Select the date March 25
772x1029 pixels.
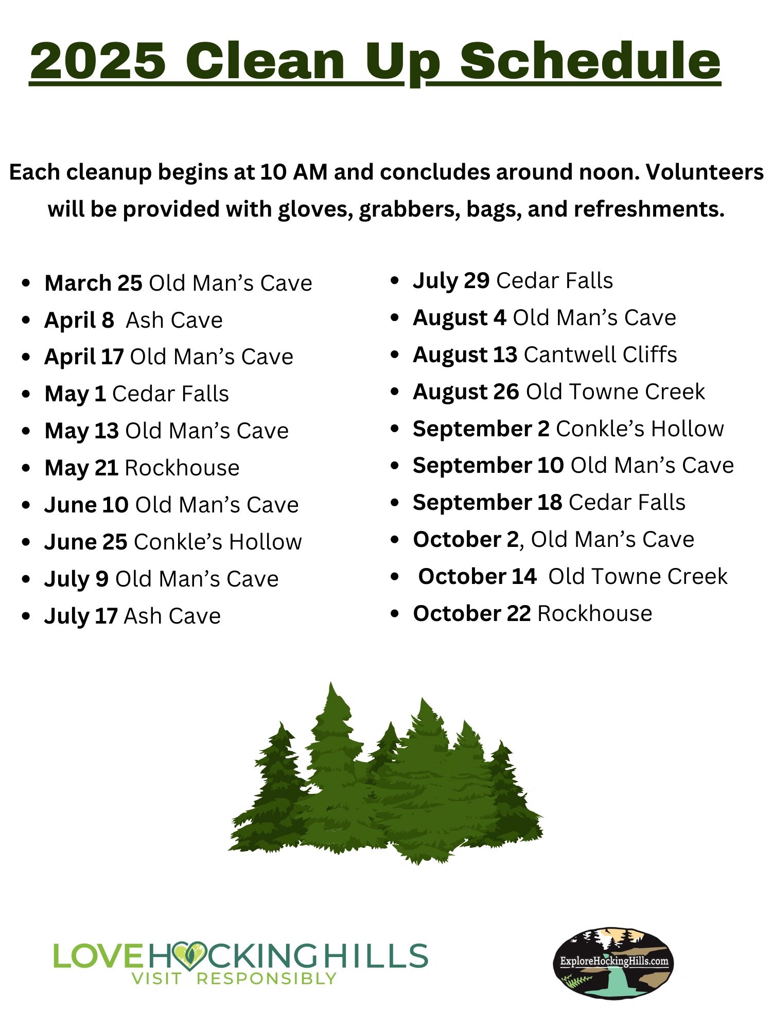point(93,283)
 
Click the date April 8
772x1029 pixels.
point(79,321)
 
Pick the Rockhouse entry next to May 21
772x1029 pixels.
point(182,468)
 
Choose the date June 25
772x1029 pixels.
point(85,542)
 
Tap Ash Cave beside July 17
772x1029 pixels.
point(172,616)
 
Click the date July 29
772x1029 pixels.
point(451,281)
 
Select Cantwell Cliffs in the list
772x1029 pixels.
point(600,354)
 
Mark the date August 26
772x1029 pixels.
point(466,392)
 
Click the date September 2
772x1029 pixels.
point(481,429)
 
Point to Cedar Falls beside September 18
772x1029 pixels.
point(627,502)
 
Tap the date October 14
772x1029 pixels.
point(477,576)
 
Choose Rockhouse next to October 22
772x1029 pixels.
point(595,613)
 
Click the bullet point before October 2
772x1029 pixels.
point(395,540)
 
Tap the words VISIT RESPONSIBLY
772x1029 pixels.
point(234,978)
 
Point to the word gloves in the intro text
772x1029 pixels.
point(315,210)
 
